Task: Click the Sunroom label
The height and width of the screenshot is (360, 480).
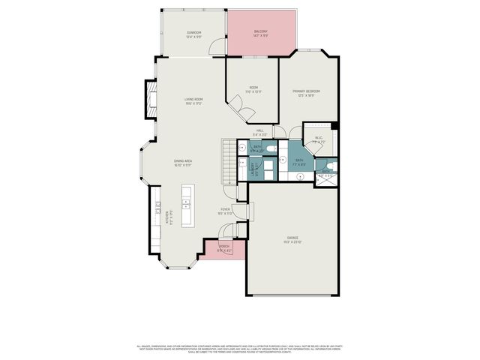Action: pos(193,34)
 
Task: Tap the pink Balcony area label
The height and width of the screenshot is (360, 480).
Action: pos(261,33)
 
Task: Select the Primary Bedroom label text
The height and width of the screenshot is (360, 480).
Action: pos(307,92)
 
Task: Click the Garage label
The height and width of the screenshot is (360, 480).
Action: pos(292,240)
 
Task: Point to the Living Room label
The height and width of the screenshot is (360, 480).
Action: pos(194,101)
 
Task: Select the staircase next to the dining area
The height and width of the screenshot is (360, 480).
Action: pos(228,163)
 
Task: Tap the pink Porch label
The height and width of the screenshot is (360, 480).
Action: pos(223,248)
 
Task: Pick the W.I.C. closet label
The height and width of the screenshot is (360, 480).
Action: pos(317,139)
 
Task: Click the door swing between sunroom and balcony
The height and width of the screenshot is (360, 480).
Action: pos(217,48)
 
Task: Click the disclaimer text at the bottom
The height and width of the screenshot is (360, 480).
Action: pos(240,348)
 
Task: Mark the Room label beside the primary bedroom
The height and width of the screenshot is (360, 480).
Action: pos(253,89)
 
